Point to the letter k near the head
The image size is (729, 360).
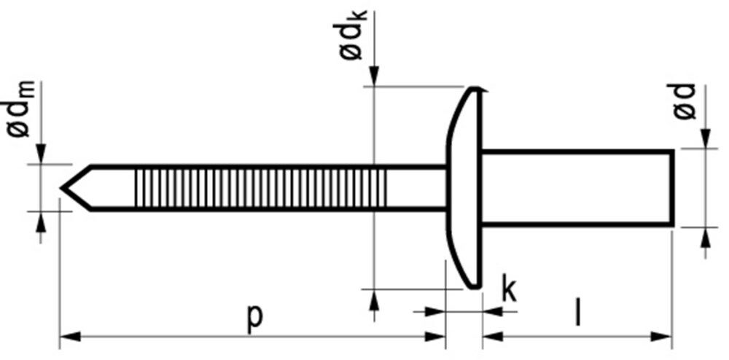click(508, 290)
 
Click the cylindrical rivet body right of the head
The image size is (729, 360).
click(576, 187)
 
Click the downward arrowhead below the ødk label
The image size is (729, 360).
click(373, 77)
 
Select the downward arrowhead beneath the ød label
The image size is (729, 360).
click(705, 139)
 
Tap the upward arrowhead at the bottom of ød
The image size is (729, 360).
click(705, 235)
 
